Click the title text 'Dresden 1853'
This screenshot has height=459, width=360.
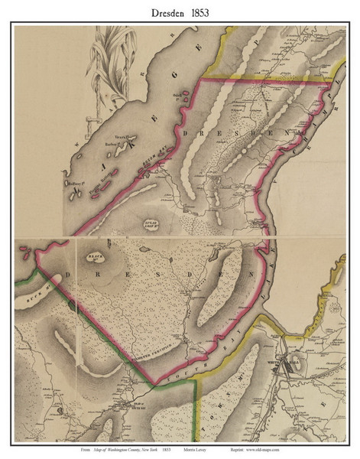[x=180, y=11]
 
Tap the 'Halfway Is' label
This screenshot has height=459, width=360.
[x=76, y=184]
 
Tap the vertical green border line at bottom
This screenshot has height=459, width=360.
[x=196, y=413]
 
